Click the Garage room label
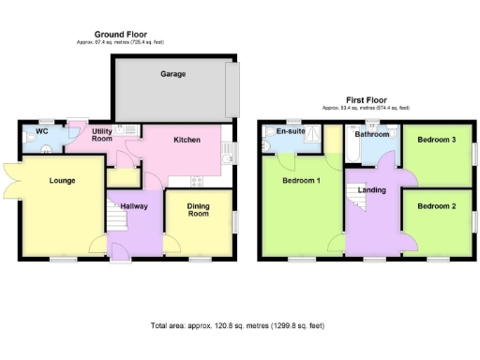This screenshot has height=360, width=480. pyautogui.click(x=172, y=73)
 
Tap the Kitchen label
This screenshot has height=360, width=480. pyautogui.click(x=187, y=140)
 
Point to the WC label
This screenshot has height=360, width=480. pyautogui.click(x=42, y=130)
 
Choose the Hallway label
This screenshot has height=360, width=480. pyautogui.click(x=132, y=207)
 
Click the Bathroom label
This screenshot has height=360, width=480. pyautogui.click(x=371, y=134)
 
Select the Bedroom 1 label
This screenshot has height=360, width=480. pyautogui.click(x=302, y=180)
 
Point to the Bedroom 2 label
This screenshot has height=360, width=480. pyautogui.click(x=437, y=206)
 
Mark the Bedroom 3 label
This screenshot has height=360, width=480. pyautogui.click(x=437, y=140)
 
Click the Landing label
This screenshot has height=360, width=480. pyautogui.click(x=373, y=189)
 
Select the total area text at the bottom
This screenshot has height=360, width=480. pyautogui.click(x=237, y=326)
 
